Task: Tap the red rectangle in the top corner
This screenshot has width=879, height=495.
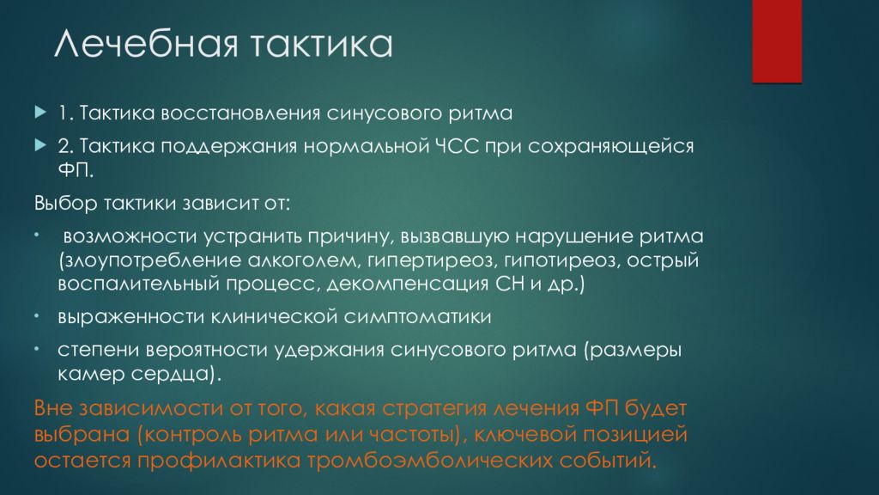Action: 777,40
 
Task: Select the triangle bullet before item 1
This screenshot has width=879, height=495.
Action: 39,113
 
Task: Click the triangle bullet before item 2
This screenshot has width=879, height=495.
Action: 39,145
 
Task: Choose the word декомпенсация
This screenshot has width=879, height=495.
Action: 393,284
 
